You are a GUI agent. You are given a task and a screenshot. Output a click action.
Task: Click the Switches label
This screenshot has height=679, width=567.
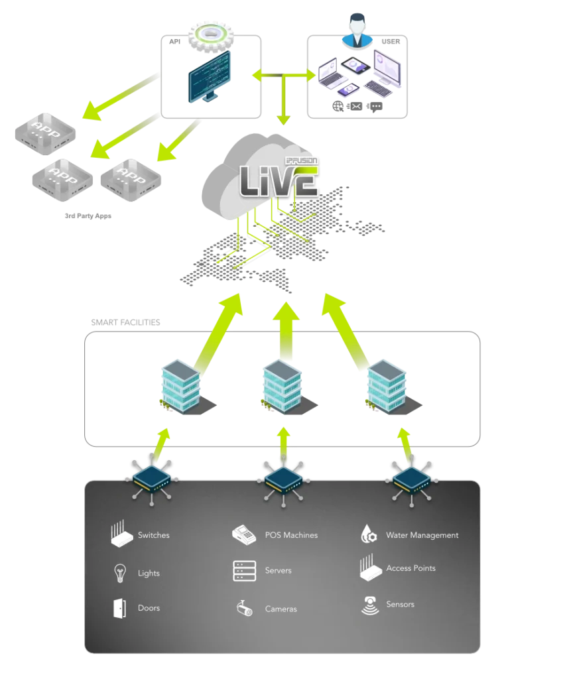click(x=153, y=535)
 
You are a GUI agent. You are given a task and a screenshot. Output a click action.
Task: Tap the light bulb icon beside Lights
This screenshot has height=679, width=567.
click(x=121, y=573)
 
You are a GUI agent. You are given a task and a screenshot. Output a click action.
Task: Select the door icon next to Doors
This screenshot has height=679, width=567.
click(x=119, y=608)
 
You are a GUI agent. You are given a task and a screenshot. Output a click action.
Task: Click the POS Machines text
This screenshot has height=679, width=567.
click(x=291, y=535)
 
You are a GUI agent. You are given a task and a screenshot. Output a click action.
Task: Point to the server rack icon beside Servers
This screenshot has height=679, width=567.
click(x=244, y=571)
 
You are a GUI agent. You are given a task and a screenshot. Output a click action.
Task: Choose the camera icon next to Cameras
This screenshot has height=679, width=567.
click(x=244, y=609)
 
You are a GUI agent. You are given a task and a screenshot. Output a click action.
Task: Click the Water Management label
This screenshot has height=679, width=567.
click(x=422, y=535)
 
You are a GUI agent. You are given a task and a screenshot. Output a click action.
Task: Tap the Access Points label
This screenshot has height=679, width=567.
click(x=410, y=568)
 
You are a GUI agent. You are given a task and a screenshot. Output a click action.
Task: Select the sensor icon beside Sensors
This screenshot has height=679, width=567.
click(x=370, y=605)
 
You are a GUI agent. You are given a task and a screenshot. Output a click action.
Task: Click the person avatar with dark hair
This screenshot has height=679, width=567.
click(x=358, y=31)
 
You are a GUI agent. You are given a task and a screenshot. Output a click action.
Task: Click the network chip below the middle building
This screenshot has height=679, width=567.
click(x=283, y=478)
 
